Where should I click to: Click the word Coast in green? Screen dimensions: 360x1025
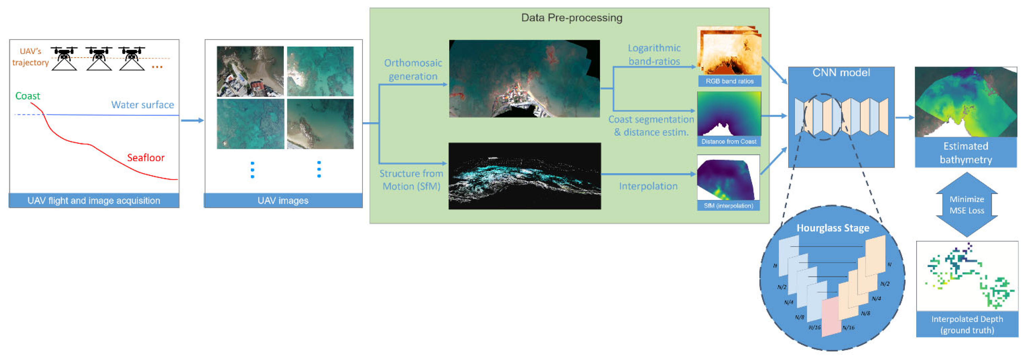27,96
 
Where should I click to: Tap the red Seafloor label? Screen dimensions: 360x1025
146,158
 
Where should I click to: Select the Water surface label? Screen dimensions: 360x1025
142,104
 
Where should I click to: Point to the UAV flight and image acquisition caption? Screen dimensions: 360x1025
94,200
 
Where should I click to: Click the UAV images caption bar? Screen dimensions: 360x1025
283,200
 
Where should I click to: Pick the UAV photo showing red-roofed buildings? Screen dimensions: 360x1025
250,72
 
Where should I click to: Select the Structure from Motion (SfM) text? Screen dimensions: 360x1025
411,180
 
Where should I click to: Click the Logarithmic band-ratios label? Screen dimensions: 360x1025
654,55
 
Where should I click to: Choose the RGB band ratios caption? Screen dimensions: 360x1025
729,81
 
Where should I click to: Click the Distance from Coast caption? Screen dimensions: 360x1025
729,142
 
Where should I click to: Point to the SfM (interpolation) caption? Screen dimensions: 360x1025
728,206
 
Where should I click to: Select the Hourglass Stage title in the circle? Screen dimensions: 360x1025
832,228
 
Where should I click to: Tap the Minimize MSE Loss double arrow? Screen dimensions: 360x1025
966,205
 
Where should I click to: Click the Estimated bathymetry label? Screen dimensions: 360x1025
966,153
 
